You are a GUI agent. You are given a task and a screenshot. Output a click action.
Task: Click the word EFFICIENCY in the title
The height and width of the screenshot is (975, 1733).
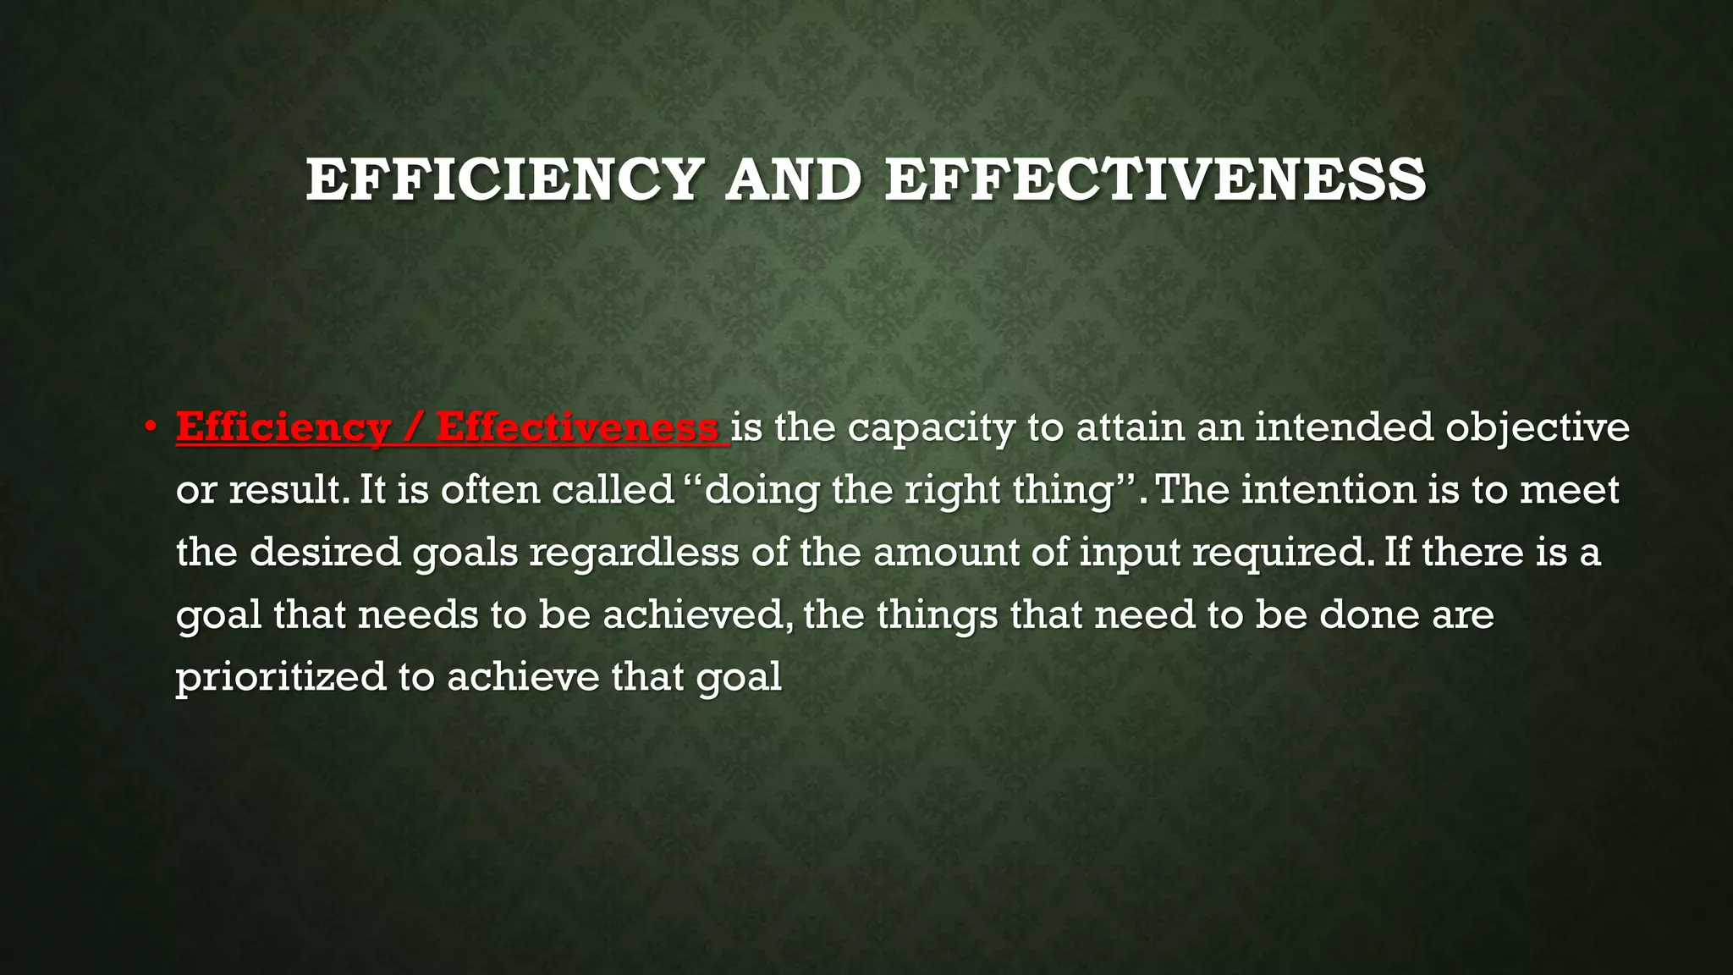(x=504, y=180)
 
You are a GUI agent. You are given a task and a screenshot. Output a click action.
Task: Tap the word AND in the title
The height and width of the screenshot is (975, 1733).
(x=793, y=180)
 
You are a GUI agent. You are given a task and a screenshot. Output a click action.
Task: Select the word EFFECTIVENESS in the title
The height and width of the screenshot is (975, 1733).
(x=1155, y=180)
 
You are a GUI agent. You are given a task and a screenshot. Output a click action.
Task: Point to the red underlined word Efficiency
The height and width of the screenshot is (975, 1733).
(x=283, y=427)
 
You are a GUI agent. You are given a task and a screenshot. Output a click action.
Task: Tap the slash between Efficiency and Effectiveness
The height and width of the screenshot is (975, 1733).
(x=412, y=427)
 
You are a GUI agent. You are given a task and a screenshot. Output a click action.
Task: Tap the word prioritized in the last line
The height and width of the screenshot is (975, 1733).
(x=280, y=677)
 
